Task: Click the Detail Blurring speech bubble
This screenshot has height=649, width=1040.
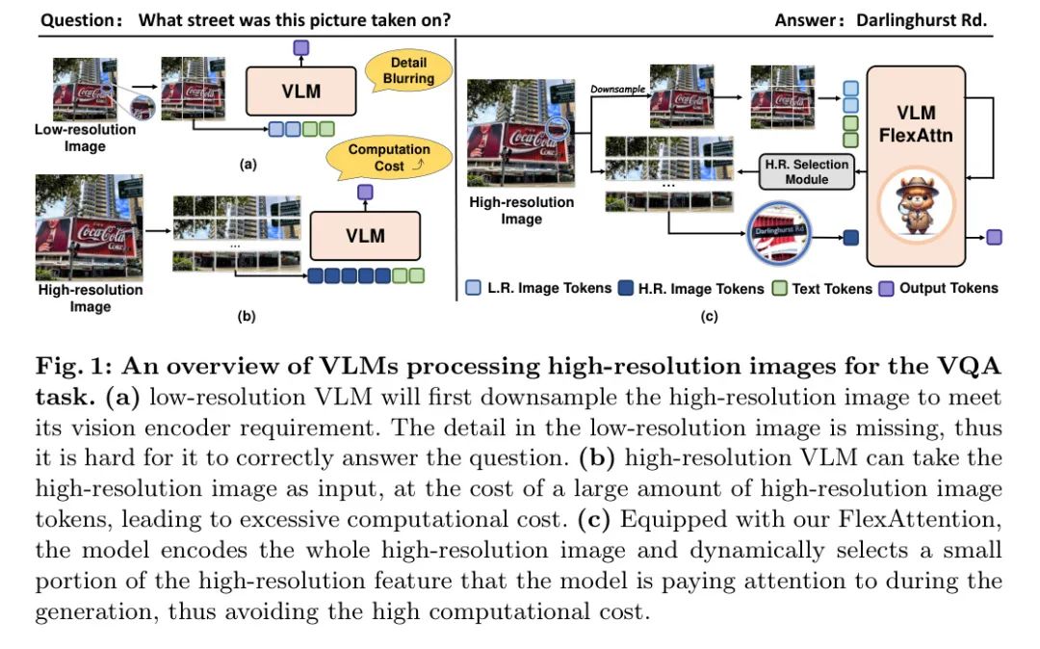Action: point(408,71)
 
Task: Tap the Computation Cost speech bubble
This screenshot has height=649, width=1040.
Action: point(389,158)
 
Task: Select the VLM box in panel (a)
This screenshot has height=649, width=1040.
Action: point(301,91)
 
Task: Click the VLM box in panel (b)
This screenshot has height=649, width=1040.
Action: point(365,235)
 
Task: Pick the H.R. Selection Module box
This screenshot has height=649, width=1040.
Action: point(807,171)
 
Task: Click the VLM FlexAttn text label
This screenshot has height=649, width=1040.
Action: point(916,124)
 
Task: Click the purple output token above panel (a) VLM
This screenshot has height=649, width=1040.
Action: point(301,48)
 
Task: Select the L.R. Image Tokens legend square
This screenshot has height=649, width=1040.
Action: point(473,288)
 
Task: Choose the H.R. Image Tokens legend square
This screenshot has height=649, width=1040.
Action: point(626,288)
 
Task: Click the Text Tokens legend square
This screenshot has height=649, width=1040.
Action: point(780,288)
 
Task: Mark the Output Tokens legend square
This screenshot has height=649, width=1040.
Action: point(887,288)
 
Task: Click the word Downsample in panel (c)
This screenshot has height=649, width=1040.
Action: point(617,89)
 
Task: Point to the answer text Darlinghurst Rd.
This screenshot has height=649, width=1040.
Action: point(922,20)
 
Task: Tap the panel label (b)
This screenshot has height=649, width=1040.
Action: point(247,316)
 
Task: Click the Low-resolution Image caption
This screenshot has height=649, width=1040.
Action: point(85,138)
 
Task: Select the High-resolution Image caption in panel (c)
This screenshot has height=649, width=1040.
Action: point(521,210)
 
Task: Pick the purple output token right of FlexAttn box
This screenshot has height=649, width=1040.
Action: point(994,237)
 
